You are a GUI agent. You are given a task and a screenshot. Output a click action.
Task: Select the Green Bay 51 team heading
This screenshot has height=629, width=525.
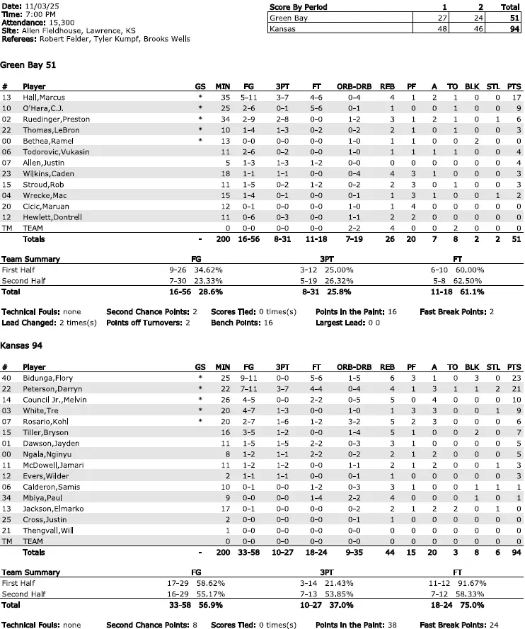[x=28, y=64]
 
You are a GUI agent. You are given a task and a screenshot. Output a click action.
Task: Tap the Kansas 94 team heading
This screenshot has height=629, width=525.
[x=23, y=346]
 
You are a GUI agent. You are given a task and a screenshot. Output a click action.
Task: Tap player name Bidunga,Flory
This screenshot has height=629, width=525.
[x=47, y=379]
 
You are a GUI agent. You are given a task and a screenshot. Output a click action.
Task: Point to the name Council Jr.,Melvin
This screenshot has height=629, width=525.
[x=55, y=400]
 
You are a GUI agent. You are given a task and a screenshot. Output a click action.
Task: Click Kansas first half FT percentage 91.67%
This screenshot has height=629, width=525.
[x=471, y=584]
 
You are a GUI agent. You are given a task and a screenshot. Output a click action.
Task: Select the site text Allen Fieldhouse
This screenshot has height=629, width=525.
[x=48, y=31]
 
